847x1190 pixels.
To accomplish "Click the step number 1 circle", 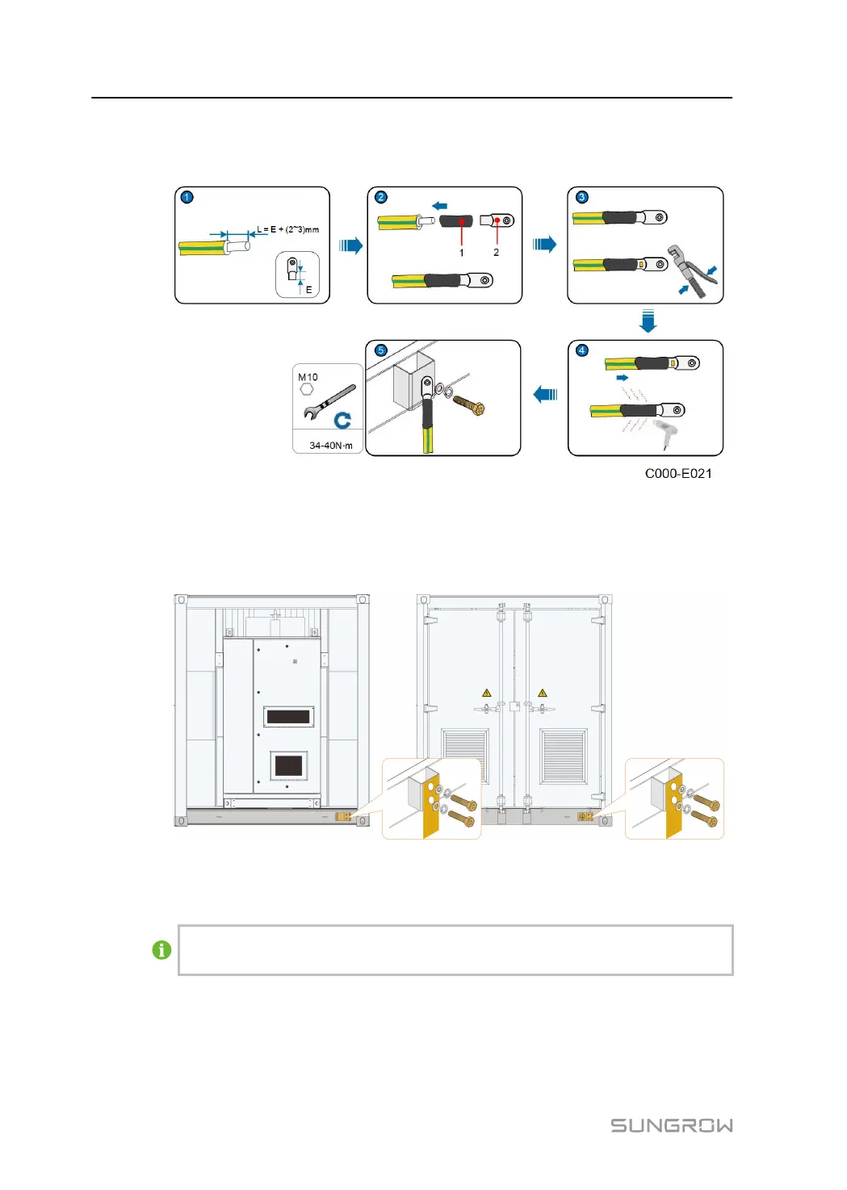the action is click(187, 197).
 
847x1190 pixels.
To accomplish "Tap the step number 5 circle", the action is click(380, 350).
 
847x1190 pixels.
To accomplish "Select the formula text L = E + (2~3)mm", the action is click(288, 229).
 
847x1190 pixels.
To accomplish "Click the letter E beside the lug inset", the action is click(308, 290).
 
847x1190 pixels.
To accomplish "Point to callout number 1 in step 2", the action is click(461, 253).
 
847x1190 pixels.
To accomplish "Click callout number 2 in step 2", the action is click(496, 253).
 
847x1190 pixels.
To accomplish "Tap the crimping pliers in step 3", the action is click(693, 271).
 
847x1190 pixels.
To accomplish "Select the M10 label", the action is click(308, 377).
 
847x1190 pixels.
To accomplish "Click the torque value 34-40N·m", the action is click(330, 445).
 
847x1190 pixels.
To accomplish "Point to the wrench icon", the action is click(329, 401).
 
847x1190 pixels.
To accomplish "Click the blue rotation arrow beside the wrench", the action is click(342, 421).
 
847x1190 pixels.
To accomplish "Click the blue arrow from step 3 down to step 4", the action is click(648, 321).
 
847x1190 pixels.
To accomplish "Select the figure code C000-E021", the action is click(678, 473).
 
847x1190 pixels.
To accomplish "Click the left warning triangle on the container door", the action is click(486, 693).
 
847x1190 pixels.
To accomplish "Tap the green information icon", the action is click(161, 949).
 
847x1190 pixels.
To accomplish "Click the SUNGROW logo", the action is click(672, 1125).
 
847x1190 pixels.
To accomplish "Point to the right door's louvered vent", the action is click(564, 756).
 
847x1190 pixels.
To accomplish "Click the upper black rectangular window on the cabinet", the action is click(288, 717).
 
